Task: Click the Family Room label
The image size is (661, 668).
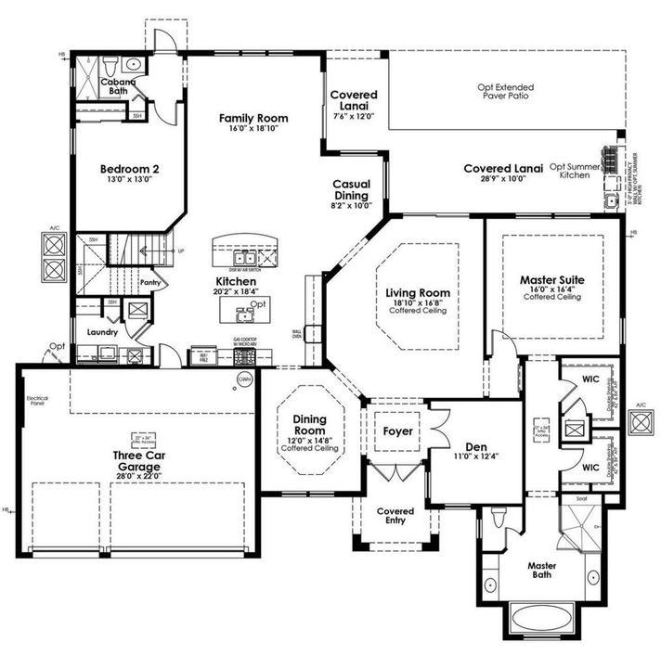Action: click(x=253, y=119)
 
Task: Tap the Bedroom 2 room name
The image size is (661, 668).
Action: click(x=129, y=170)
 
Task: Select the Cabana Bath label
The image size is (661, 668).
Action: click(x=118, y=86)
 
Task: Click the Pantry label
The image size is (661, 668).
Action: click(x=150, y=283)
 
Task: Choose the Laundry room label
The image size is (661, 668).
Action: click(x=100, y=331)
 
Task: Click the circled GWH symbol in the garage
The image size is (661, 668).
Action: click(x=244, y=379)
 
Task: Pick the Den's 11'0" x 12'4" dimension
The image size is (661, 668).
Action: click(x=475, y=456)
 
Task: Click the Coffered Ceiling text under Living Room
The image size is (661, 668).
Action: click(x=418, y=311)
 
